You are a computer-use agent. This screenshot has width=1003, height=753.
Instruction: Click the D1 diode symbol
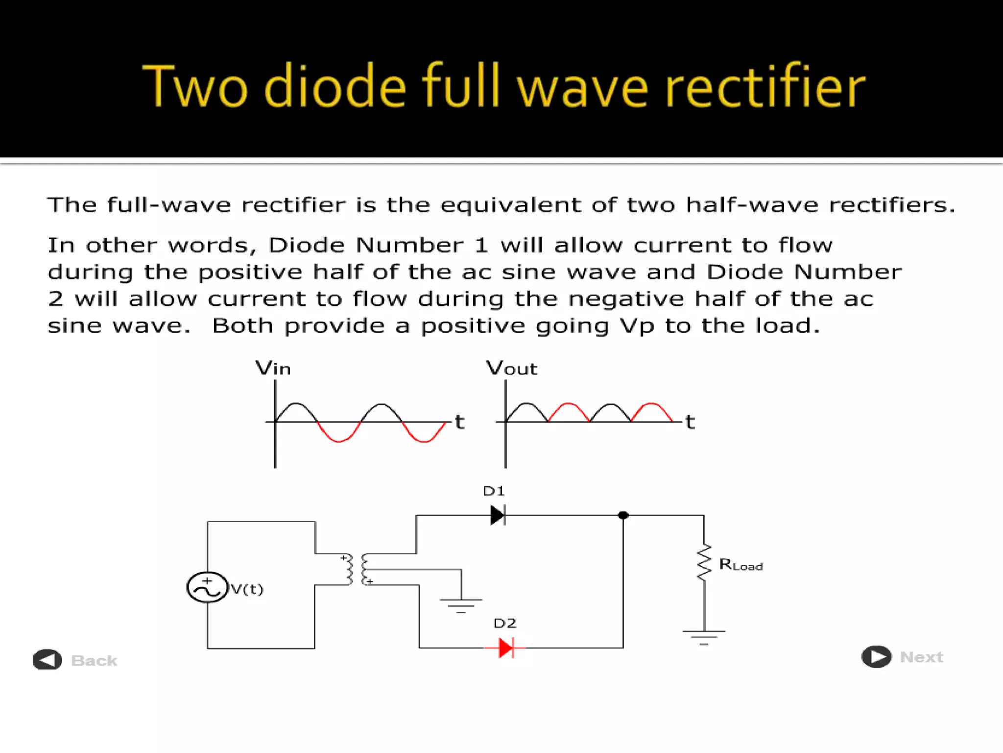click(x=498, y=515)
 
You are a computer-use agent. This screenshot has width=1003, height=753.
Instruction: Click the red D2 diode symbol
click(x=506, y=648)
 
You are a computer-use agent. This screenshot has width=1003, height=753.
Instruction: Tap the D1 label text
click(x=494, y=491)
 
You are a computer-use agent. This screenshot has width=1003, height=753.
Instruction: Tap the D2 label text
click(x=505, y=623)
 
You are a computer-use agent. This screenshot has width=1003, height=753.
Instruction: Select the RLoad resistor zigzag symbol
click(x=704, y=562)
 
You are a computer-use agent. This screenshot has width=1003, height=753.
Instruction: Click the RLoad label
click(x=740, y=565)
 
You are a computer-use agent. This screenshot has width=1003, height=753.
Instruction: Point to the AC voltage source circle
click(x=208, y=587)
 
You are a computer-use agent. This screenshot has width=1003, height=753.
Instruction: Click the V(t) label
click(x=247, y=589)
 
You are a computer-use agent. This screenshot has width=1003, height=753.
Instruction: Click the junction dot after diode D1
click(x=623, y=515)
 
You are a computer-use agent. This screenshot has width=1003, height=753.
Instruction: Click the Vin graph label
click(x=273, y=368)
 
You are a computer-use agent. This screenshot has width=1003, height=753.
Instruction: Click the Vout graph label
click(x=511, y=368)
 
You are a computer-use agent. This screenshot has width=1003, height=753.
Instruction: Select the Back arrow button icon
click(x=48, y=659)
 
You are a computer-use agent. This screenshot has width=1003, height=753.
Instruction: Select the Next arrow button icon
click(x=876, y=656)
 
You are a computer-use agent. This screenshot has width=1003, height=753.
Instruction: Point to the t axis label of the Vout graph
click(x=690, y=422)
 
